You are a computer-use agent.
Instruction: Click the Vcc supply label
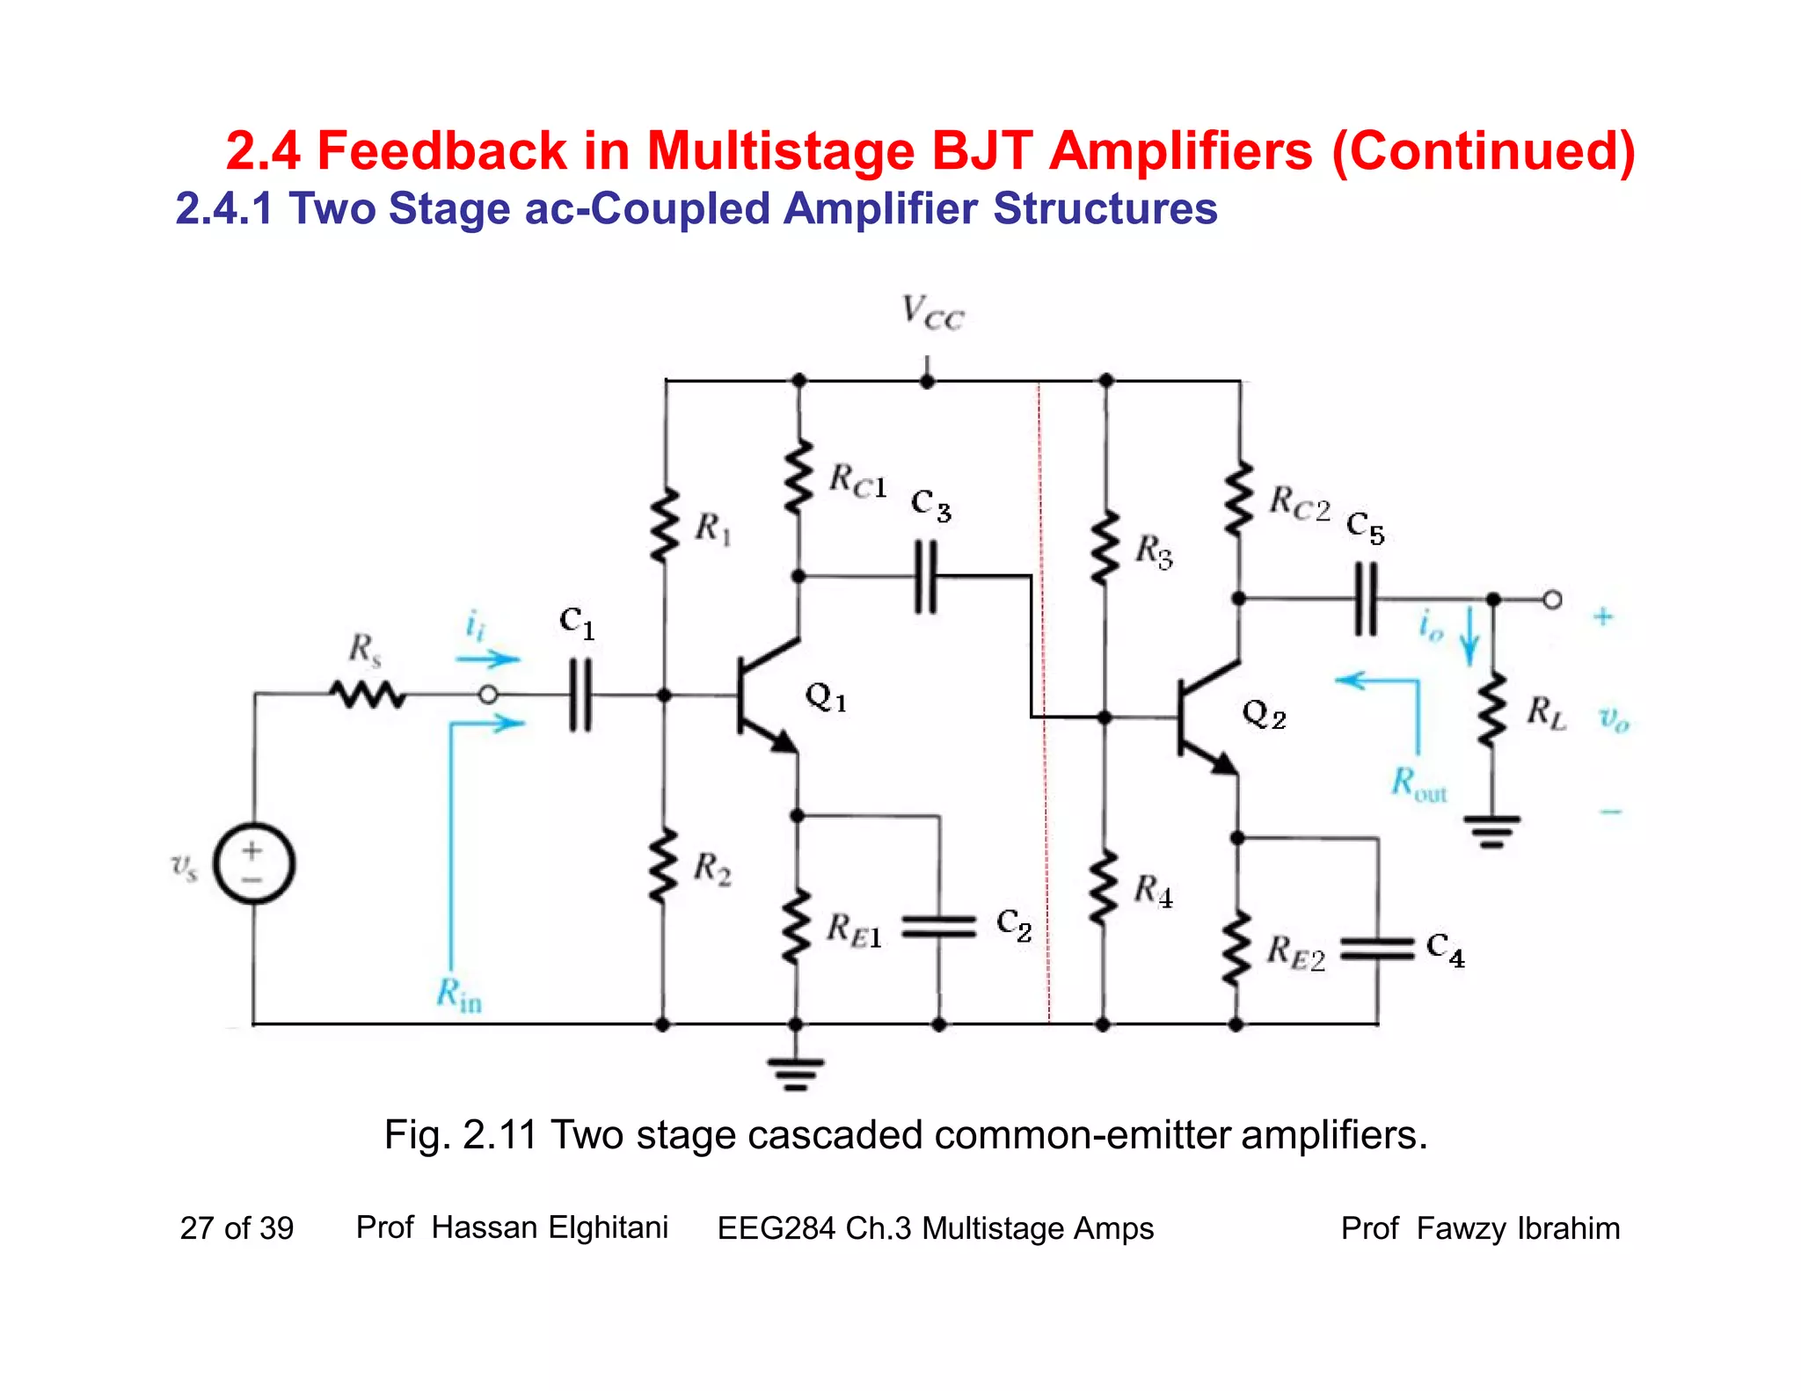click(932, 313)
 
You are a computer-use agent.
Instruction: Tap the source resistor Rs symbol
click(368, 695)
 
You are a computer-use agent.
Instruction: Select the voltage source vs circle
click(254, 863)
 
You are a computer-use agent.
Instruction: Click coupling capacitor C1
click(580, 695)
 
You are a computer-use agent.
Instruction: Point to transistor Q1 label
click(826, 697)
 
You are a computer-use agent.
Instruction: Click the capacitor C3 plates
click(926, 578)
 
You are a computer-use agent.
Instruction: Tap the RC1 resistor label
click(857, 481)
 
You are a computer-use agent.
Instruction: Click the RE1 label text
click(853, 930)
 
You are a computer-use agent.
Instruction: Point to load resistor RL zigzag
click(1492, 710)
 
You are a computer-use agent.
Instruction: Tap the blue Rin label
click(459, 994)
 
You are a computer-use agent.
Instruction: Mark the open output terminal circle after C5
click(1552, 600)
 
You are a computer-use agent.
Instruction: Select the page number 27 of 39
click(237, 1227)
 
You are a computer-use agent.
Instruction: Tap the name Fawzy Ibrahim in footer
click(1518, 1227)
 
